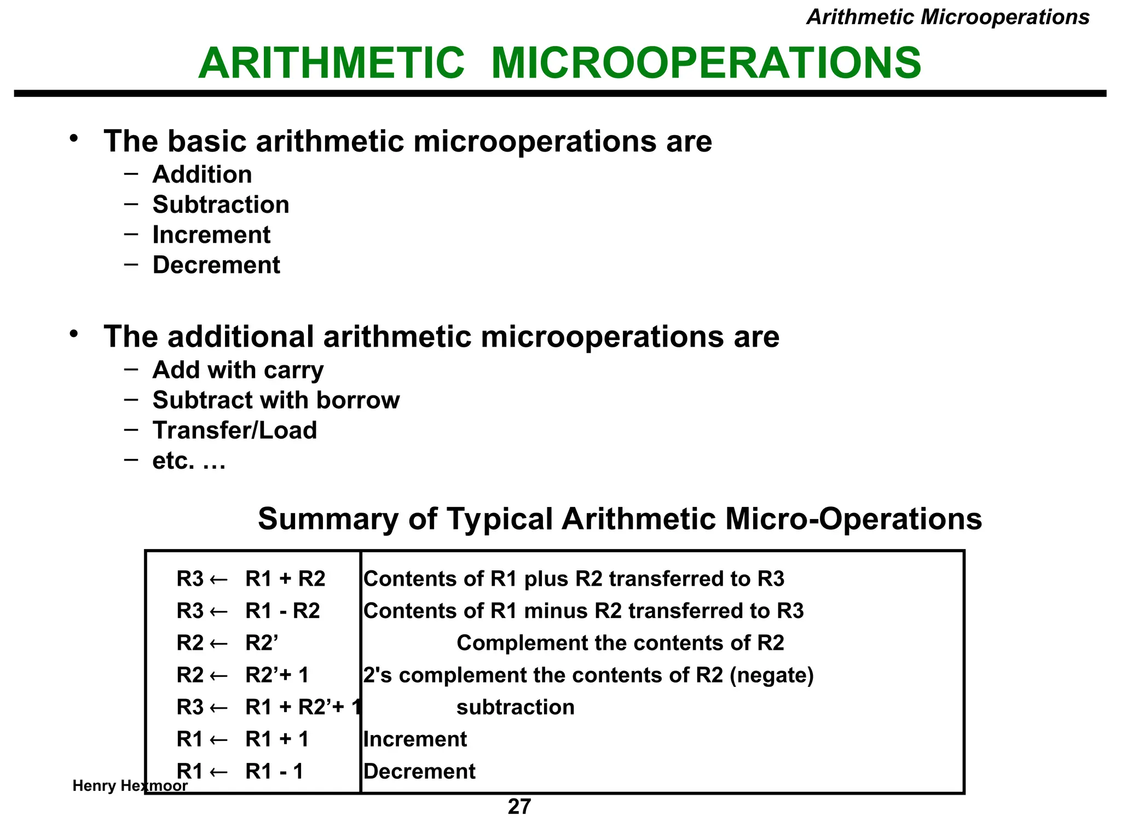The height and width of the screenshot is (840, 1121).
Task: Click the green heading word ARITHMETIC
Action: point(332,63)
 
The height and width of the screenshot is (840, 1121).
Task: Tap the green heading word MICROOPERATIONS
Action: point(706,63)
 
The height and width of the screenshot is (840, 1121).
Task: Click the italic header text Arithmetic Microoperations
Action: point(947,17)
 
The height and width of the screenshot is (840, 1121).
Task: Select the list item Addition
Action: point(202,175)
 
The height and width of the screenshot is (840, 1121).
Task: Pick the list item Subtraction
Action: point(221,205)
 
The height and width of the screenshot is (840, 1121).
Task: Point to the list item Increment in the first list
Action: point(211,235)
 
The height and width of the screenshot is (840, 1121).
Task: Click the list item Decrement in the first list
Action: point(216,265)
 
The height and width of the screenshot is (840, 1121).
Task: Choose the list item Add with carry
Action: point(238,370)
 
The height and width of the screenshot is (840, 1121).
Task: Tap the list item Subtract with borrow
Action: point(276,400)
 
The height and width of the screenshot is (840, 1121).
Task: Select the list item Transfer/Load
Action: point(235,430)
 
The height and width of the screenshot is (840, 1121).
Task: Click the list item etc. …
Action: point(189,461)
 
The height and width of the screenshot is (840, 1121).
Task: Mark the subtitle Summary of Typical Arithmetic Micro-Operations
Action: point(620,518)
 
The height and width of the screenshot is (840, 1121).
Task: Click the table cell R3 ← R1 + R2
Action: point(251,579)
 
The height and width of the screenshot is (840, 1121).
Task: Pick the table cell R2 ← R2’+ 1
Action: point(242,675)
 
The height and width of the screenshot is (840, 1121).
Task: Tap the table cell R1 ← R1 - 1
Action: point(240,771)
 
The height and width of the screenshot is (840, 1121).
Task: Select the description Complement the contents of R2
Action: point(620,643)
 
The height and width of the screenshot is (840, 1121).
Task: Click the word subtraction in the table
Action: point(515,707)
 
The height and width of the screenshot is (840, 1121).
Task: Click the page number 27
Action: point(519,807)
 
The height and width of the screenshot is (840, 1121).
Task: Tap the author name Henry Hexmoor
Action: point(130,786)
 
